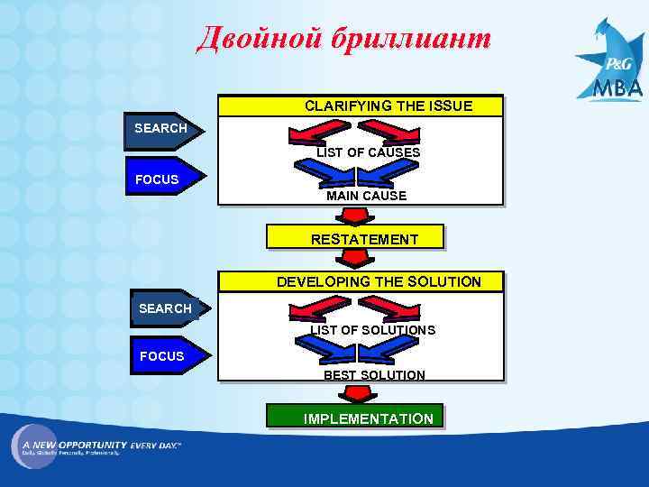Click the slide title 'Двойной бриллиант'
343,40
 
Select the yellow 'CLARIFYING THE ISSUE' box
361,106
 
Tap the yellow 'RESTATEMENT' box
354,238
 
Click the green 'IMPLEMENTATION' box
354,418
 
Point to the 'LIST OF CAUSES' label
368,152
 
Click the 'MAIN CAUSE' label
366,195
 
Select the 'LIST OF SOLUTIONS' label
373,330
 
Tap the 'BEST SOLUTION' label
374,374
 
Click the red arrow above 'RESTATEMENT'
353,216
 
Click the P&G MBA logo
612,68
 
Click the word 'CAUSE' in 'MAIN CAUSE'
385,195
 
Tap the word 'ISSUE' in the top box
450,106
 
